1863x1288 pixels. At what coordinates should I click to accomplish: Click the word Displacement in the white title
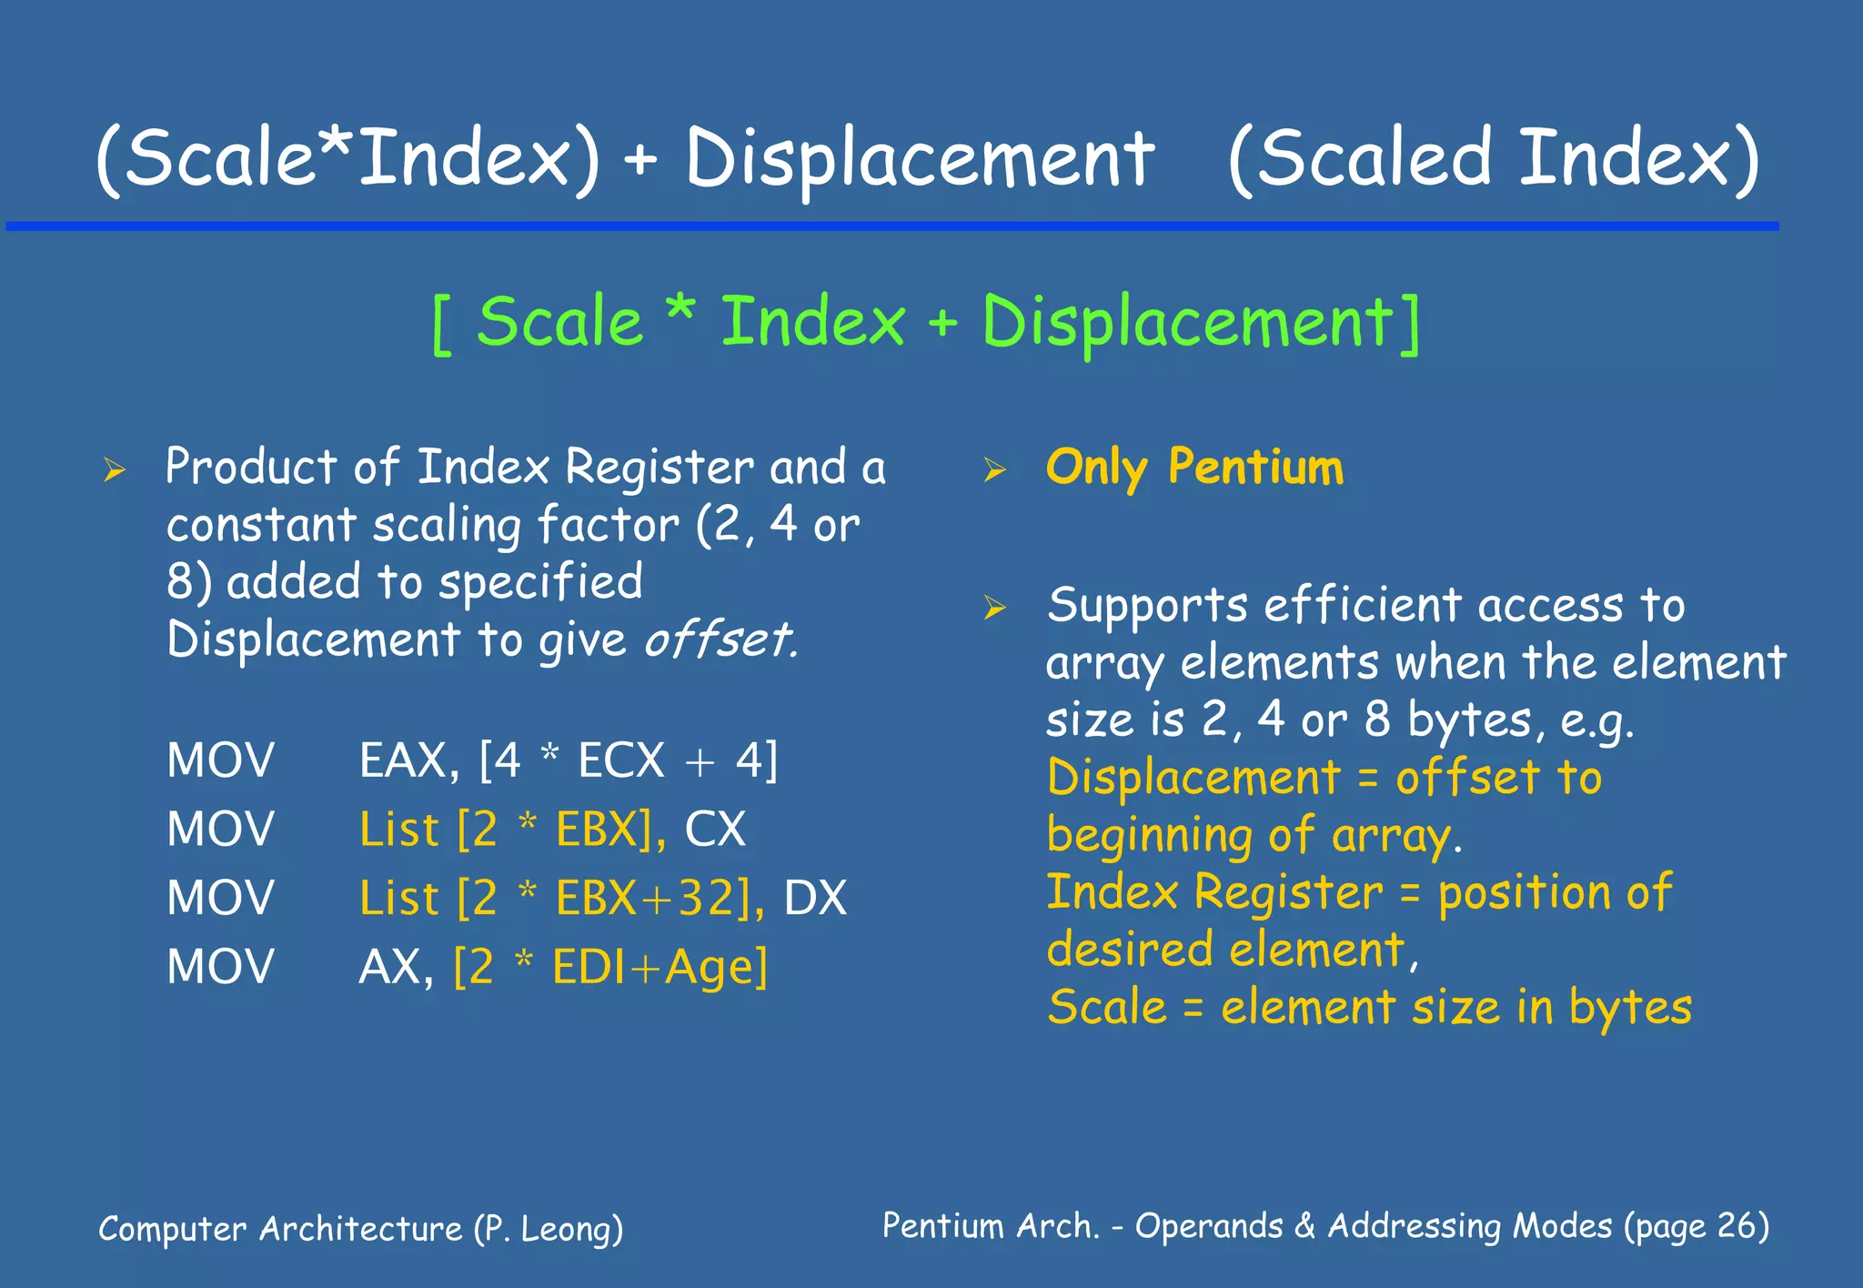[919, 159]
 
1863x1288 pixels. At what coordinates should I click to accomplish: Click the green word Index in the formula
[812, 322]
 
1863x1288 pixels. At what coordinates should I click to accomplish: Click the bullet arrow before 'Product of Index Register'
[114, 470]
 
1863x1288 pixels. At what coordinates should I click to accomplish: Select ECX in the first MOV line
[621, 760]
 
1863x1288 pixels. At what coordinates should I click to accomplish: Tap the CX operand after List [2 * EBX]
[715, 830]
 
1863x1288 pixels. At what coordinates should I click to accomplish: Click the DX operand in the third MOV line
[815, 899]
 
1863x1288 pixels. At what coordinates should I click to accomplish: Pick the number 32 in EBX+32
[706, 899]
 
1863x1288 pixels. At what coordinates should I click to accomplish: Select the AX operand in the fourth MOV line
[388, 968]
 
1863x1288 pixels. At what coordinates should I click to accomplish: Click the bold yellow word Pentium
[1255, 468]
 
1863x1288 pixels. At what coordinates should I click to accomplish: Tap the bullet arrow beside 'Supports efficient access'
[995, 608]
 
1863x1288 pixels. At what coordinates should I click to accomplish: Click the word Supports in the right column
[1146, 606]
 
